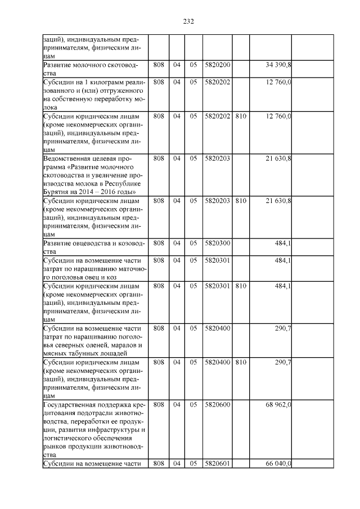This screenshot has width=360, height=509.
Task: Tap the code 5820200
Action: point(218,66)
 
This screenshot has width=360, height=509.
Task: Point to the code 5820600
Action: point(218,404)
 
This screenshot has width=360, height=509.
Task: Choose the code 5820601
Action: point(218,463)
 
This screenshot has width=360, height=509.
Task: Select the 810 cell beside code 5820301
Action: point(241,286)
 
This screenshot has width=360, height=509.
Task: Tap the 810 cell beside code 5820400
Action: point(241,362)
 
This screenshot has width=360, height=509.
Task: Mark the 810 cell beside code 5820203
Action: point(241,200)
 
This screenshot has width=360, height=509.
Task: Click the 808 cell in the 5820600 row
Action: point(159,404)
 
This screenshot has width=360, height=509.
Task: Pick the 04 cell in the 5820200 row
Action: point(177,66)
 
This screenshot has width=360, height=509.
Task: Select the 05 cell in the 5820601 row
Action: point(193,463)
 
